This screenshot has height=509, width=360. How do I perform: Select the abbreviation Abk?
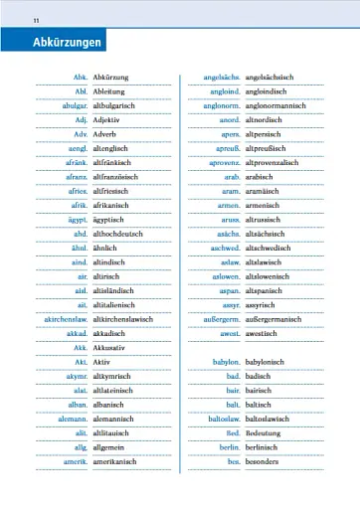tap(82, 78)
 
